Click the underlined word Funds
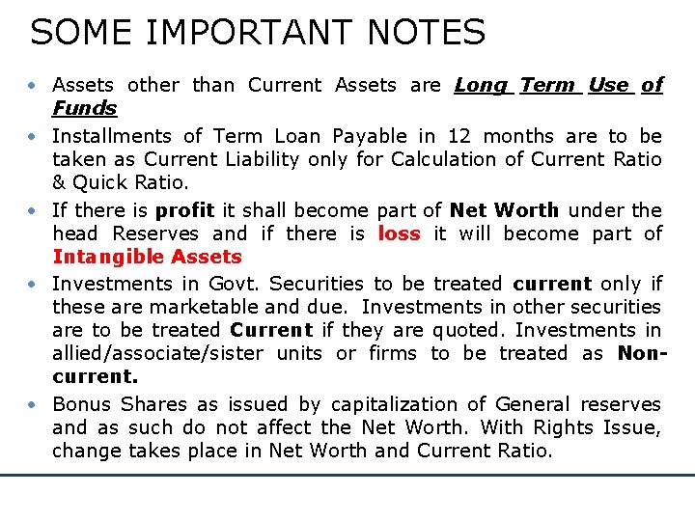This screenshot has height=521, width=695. click(84, 108)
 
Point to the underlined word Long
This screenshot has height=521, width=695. click(481, 85)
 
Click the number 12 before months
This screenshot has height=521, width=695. click(461, 136)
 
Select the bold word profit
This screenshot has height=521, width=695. click(184, 209)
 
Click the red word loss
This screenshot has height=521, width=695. click(399, 233)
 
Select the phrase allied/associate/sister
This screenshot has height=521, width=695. click(157, 353)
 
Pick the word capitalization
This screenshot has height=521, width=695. click(395, 404)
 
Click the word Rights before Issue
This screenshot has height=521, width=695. click(566, 427)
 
